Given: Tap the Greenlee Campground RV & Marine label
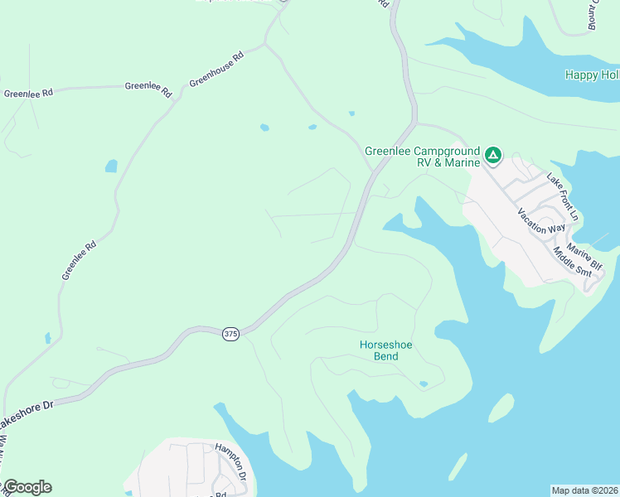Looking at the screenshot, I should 423,157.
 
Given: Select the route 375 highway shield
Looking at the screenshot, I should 231,333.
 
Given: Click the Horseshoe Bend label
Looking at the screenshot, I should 379,350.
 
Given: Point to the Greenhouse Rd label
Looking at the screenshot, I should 216,70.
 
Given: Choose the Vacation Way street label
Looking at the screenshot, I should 540,221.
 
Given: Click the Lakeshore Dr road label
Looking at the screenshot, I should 25,418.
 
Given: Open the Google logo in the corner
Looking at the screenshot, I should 27,487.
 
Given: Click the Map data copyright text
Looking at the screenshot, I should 584,490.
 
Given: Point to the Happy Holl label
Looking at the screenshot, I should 592,75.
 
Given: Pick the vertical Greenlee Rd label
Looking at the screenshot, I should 79,259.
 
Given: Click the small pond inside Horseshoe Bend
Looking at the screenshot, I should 424,384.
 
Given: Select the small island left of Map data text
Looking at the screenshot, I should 458,466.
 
